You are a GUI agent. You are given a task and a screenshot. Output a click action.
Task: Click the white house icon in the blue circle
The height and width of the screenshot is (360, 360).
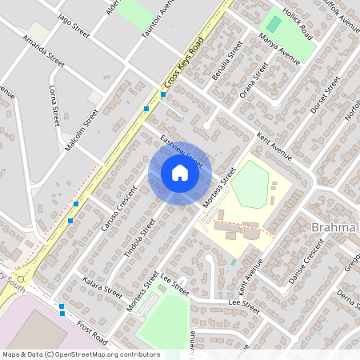[x=179, y=173]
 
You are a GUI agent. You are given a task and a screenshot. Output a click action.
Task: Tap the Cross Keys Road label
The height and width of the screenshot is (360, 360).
[x=183, y=61]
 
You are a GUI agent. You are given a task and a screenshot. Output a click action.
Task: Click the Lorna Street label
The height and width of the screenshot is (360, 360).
[x=54, y=105]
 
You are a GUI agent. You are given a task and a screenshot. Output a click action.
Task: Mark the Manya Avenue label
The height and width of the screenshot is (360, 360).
[x=279, y=50]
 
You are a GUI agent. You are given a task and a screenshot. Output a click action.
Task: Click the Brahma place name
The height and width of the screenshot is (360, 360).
[x=334, y=229]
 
